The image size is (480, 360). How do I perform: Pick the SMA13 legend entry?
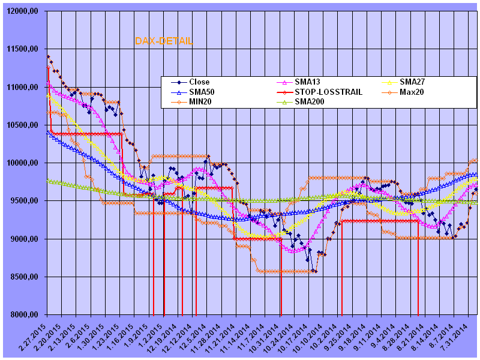(x=306, y=82)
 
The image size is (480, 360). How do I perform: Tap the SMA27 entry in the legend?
(x=411, y=82)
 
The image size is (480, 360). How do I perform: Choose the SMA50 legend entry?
(x=202, y=92)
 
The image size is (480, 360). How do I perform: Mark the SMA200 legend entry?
(x=308, y=102)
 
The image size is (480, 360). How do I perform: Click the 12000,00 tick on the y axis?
(x=24, y=11)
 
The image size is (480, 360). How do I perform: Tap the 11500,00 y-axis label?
(x=24, y=49)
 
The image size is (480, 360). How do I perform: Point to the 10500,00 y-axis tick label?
(x=24, y=125)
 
